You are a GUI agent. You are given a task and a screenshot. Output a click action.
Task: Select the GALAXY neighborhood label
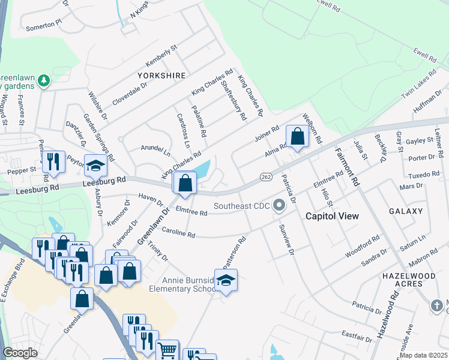tap(406, 211)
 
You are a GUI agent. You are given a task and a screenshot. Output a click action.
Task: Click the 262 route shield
tap(267, 177)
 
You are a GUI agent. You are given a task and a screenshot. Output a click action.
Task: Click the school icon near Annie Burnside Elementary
tap(226, 280)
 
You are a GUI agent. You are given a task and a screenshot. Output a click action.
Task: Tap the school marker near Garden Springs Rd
tap(95, 165)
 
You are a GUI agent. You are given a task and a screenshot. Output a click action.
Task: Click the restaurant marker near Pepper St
tap(53, 161)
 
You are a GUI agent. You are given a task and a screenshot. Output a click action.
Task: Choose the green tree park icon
tap(43, 80)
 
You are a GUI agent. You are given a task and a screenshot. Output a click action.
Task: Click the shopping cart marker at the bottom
tap(167, 350)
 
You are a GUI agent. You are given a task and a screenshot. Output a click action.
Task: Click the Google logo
tap(20, 353)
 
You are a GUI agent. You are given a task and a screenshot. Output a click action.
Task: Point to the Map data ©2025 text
tap(423, 355)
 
